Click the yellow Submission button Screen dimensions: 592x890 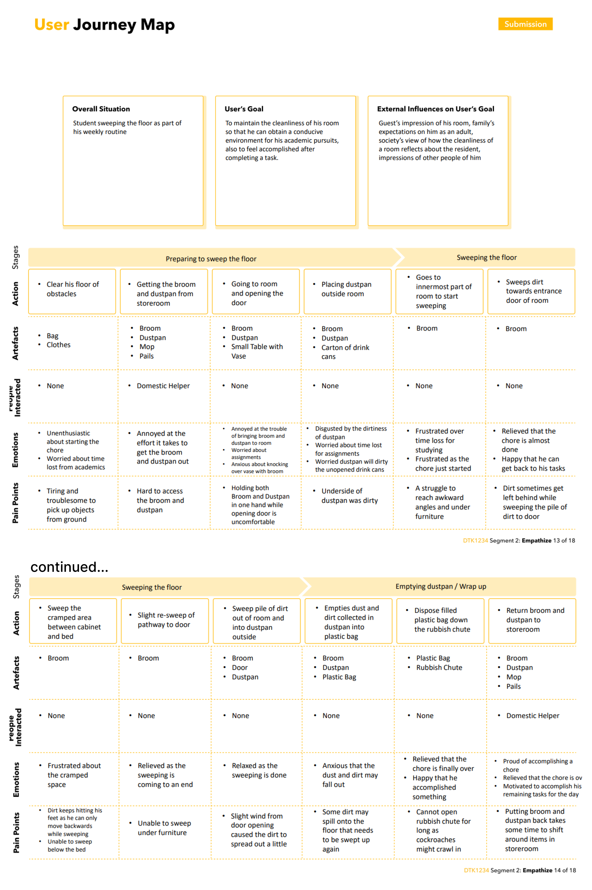525,24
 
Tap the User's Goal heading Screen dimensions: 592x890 244,109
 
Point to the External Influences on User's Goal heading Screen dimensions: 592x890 435,109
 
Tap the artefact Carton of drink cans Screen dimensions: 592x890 345,352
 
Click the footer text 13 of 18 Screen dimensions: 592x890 564,540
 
